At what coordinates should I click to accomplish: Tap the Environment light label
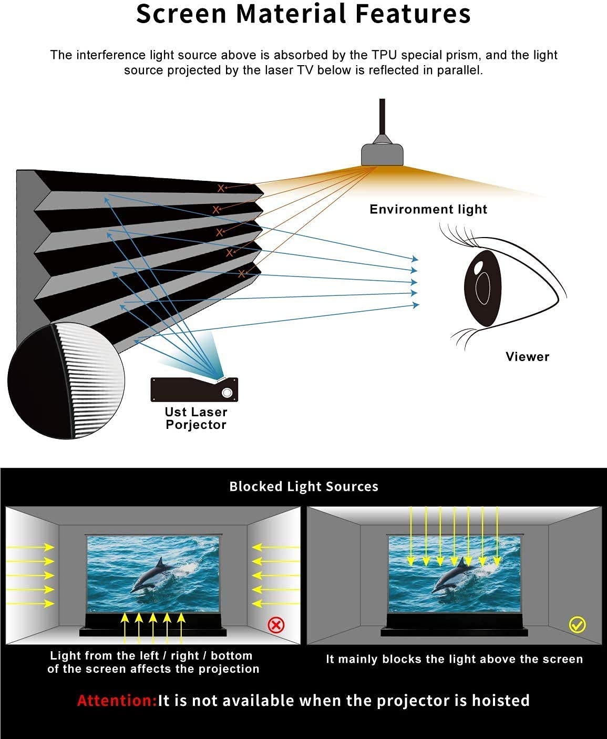coord(428,209)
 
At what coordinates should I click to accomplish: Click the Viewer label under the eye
coord(528,357)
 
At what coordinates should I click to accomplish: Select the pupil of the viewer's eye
coord(482,288)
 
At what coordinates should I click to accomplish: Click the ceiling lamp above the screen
coord(383,154)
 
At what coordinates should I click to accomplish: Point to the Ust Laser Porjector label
coord(196,418)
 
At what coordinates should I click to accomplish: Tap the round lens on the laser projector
coord(227,393)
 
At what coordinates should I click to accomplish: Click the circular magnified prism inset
coord(66,381)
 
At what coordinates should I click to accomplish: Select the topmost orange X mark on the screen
coord(220,189)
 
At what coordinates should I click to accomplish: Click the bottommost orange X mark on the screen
coord(241,274)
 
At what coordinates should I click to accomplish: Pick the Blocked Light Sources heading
coord(304,487)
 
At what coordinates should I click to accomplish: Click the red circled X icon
coord(276,625)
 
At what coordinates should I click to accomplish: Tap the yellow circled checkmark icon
coord(577,625)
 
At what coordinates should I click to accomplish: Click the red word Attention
coord(117,701)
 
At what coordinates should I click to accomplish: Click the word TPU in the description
coord(385,55)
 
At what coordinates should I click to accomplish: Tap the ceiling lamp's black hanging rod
coord(383,117)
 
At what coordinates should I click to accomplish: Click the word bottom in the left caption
coord(231,656)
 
